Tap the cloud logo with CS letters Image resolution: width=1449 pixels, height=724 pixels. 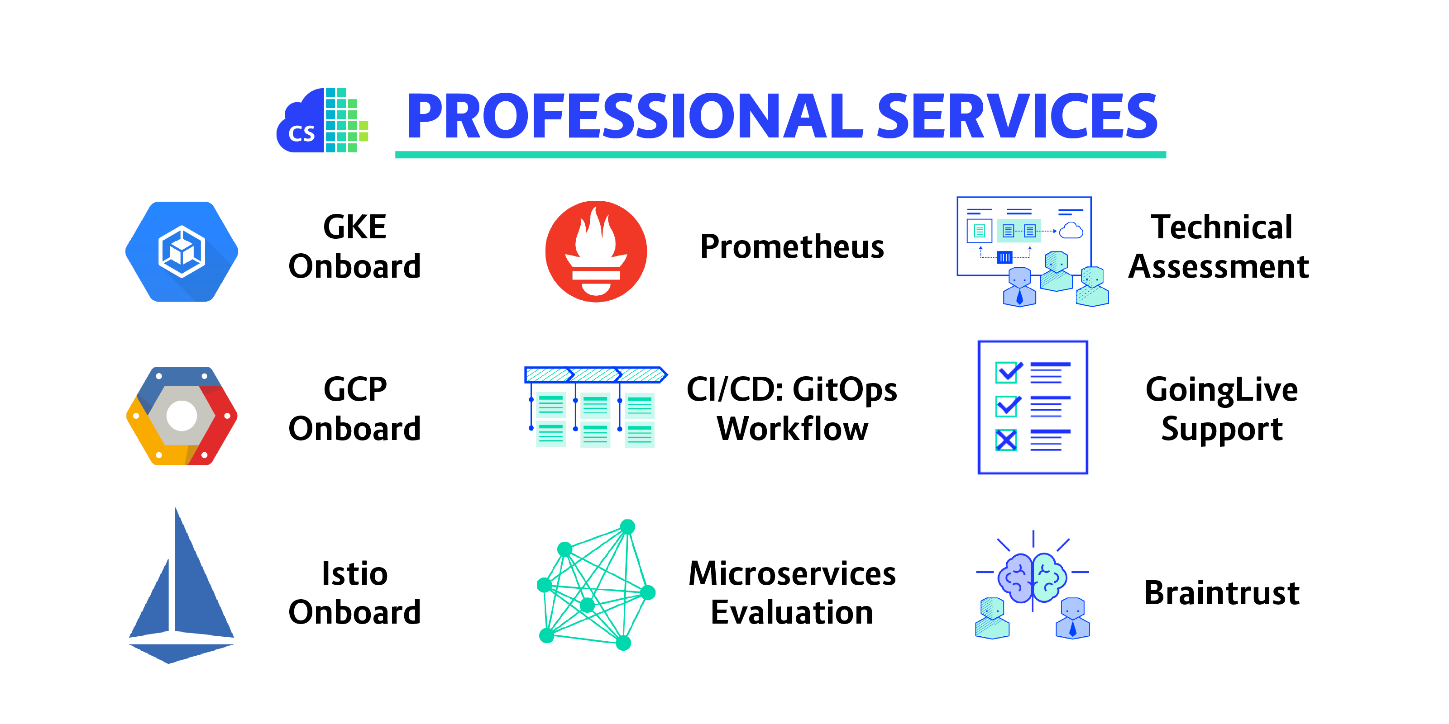pos(322,120)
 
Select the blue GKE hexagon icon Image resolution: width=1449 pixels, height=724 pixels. pos(182,251)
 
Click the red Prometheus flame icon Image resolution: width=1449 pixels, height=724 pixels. pos(596,251)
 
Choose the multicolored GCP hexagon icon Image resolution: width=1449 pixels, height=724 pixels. pos(182,416)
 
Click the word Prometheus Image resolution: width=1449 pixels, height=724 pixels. pos(792,247)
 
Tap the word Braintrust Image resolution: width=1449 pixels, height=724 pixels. pos(1222,592)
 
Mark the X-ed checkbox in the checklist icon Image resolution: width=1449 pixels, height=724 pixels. pos(1006,440)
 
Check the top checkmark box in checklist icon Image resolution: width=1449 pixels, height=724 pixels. pos(1008,372)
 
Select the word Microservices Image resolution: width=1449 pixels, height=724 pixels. pos(792,573)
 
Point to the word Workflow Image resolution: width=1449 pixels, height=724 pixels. pos(792,429)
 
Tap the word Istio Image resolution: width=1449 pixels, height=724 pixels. pos(354,573)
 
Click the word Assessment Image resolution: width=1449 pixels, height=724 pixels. pos(1219,266)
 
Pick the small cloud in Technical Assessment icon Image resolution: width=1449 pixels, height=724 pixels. pos(1071,231)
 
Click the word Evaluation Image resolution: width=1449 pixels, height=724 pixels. pos(792,612)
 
